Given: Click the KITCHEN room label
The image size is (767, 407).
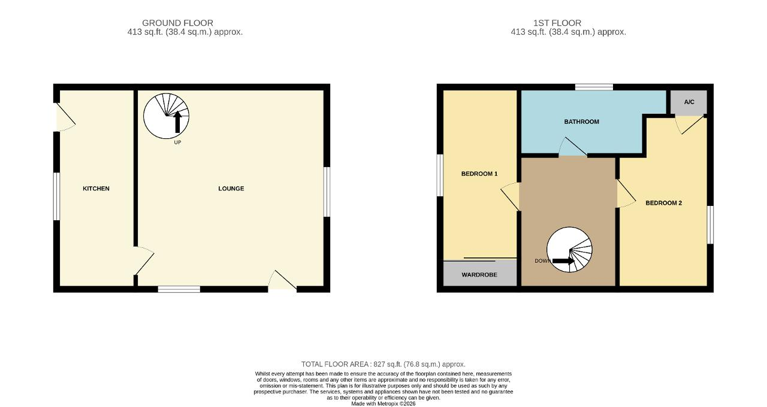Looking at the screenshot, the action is point(96,189).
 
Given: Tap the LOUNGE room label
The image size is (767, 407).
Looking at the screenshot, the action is point(231,189).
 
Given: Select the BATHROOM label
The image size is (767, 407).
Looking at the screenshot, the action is point(581,122).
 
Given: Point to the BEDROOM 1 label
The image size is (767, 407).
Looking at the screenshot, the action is point(479,174).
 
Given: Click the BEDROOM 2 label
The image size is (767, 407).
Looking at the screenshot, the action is point(663,203).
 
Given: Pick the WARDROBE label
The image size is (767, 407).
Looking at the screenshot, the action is point(479,275).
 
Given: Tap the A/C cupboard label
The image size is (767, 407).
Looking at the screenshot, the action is point(689,102).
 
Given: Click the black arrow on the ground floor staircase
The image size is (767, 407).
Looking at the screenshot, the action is point(177,122).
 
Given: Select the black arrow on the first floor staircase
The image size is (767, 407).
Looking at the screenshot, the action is point(563,261).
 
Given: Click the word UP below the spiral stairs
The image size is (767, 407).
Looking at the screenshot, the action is point(177,142).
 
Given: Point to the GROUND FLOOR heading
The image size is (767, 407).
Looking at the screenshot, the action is point(177,23).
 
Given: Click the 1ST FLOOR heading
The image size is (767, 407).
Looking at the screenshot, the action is point(557,23).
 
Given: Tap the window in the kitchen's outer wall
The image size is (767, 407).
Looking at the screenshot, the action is point(56,196).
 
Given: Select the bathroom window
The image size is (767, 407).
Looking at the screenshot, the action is point(594,87).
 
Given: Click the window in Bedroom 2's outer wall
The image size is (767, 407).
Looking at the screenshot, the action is point(711,224).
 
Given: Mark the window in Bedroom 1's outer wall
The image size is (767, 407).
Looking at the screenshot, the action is point(440,175).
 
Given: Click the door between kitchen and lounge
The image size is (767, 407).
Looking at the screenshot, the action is point(144,260).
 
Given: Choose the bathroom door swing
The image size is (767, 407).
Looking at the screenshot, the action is point(572,147).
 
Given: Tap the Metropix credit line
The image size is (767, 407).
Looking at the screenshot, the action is point(383,403).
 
